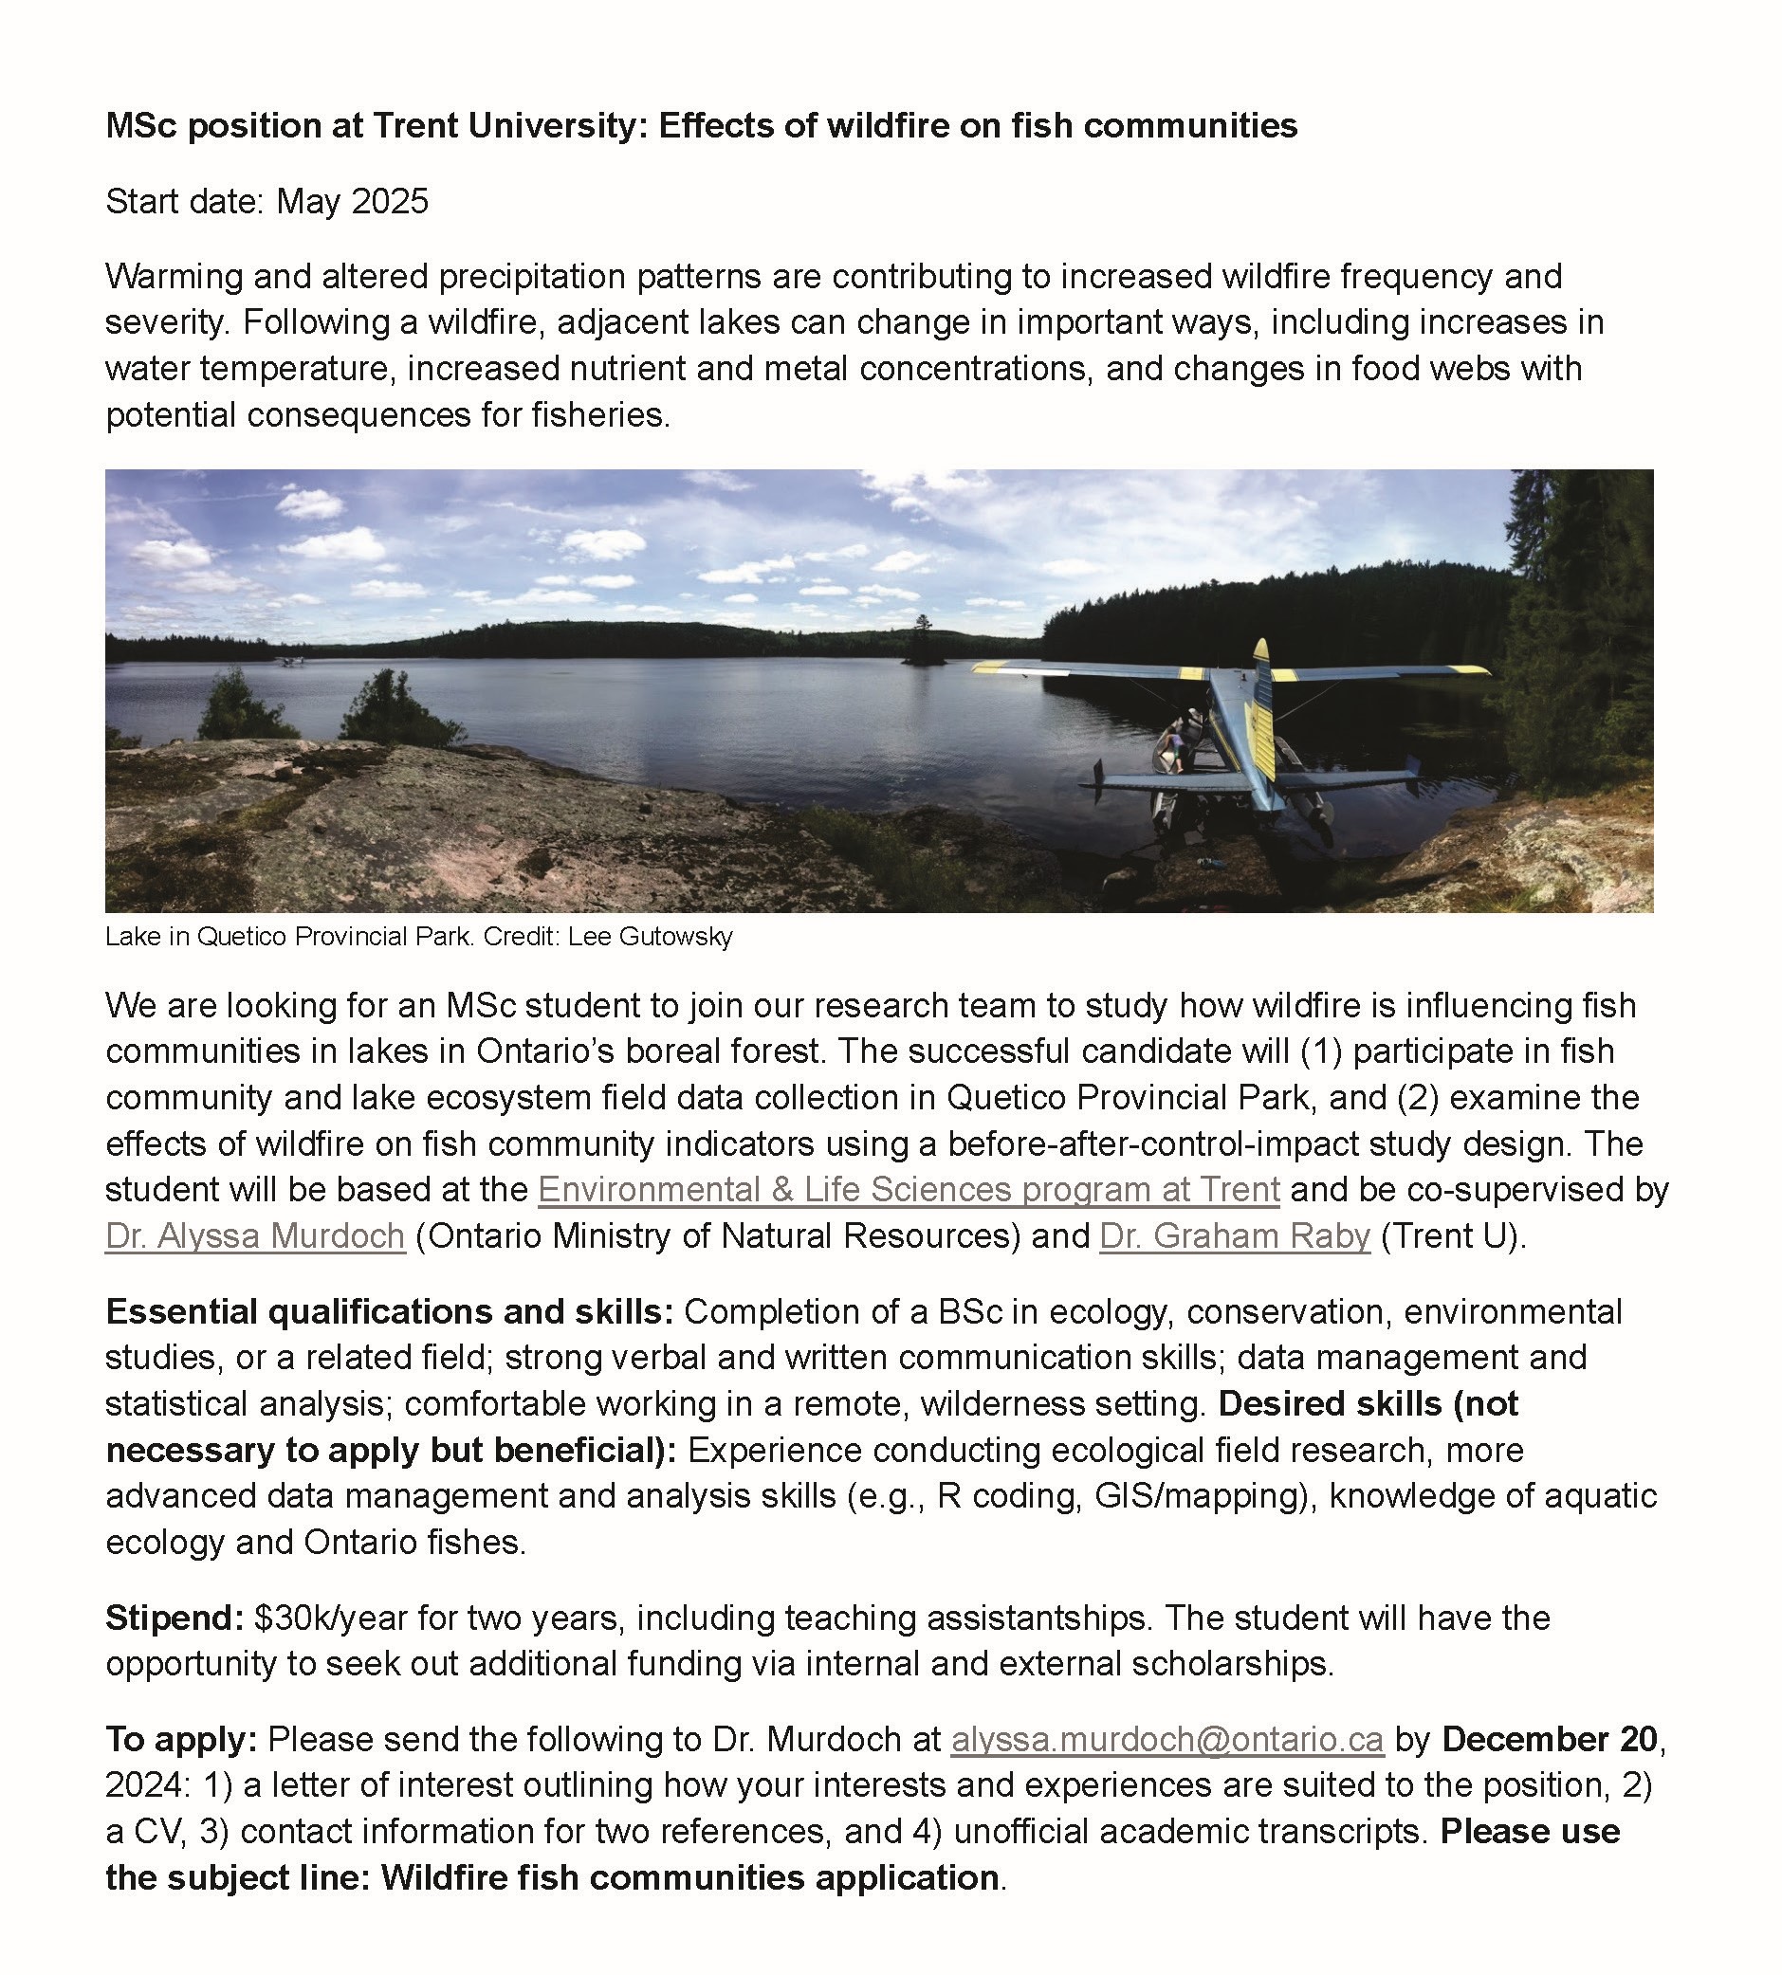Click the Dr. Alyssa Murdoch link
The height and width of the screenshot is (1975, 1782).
255,1236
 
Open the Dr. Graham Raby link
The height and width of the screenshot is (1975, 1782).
1235,1236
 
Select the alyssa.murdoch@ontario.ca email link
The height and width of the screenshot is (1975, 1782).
1167,1739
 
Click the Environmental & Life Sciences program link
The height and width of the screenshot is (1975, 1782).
908,1189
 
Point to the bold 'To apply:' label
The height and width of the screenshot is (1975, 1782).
181,1739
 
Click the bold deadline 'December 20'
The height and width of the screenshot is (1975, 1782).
1549,1739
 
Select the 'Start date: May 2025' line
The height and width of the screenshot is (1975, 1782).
267,202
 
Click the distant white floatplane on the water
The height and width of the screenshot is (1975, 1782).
291,662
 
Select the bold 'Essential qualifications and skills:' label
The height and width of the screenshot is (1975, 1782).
390,1311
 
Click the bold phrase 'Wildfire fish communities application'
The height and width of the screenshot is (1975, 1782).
689,1878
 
